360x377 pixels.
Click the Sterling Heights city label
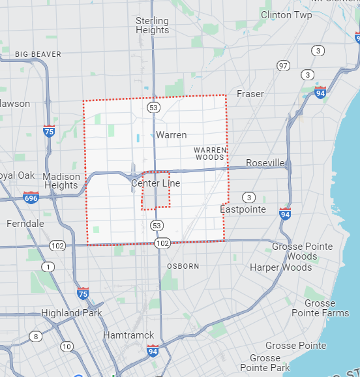[x=153, y=25]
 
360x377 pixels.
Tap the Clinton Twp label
[x=286, y=14]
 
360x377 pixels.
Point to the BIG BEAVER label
[x=38, y=54]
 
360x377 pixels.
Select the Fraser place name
[x=250, y=94]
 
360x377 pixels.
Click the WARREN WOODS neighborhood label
[x=210, y=153]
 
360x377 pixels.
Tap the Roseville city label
[x=265, y=162]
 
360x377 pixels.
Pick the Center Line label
[x=155, y=183]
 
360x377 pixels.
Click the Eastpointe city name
[x=243, y=209]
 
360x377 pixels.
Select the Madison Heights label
[x=61, y=181]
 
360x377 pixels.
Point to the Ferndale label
[x=25, y=224]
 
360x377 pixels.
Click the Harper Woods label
[x=281, y=267]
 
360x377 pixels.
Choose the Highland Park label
[x=72, y=313]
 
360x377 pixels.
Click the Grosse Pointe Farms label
[x=320, y=308]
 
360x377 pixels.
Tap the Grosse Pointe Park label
[x=265, y=363]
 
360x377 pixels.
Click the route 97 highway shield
[x=283, y=66]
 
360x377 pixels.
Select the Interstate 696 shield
[x=31, y=196]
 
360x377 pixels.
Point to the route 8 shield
[x=35, y=337]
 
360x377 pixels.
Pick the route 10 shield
[x=67, y=346]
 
